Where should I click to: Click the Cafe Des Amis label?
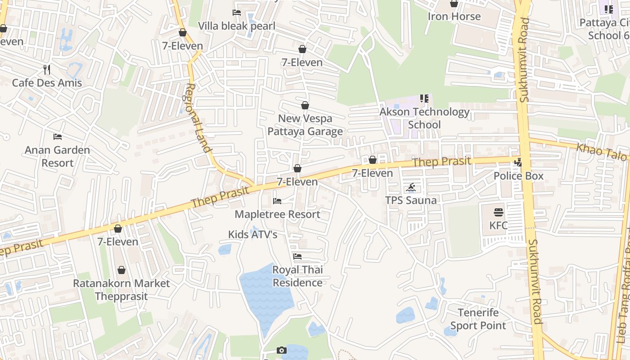point(47,83)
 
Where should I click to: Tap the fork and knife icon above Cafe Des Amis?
point(47,69)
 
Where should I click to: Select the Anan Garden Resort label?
point(57,156)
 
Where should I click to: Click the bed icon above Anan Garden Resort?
point(57,136)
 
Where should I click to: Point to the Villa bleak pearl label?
point(237,26)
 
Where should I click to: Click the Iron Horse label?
point(454,17)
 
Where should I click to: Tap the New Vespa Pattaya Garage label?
point(305,125)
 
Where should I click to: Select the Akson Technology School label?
point(424,118)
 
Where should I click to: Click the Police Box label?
point(518,176)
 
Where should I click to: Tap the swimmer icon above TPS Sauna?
point(410,188)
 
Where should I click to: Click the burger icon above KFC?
point(499,212)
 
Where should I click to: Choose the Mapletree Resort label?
point(277,214)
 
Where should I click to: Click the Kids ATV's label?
point(252,234)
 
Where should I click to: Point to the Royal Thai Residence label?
point(297,276)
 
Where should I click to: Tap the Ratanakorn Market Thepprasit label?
point(121,290)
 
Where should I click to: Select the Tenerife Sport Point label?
point(478,319)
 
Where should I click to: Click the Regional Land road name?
point(198,118)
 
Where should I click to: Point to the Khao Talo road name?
point(601,152)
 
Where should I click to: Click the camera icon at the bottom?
point(281,350)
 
